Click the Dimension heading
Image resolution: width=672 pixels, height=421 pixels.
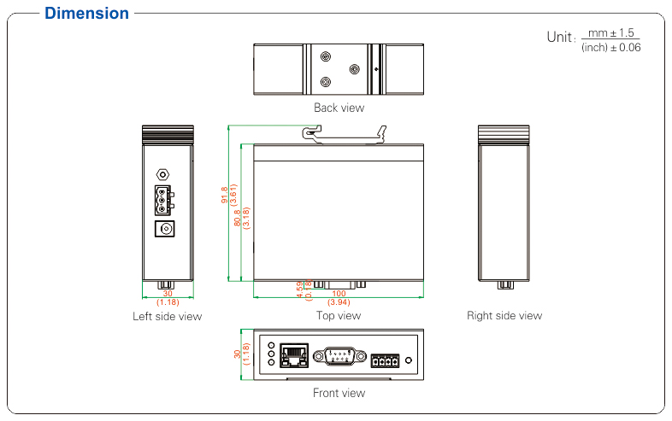click(86, 14)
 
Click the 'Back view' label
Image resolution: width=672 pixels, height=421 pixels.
click(339, 108)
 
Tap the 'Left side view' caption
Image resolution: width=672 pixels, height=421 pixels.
click(168, 316)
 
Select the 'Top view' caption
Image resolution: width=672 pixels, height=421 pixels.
click(339, 316)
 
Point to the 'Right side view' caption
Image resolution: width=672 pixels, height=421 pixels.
click(504, 316)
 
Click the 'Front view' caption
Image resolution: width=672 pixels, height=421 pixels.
click(339, 394)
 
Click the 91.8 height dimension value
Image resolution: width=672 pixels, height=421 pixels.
click(225, 196)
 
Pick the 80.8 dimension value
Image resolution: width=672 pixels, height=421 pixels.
click(238, 218)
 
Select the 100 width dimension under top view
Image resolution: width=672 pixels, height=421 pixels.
click(339, 294)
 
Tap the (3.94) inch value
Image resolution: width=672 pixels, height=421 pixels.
click(339, 302)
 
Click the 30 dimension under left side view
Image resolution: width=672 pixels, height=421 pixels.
click(168, 294)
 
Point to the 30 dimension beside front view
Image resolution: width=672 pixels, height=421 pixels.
click(238, 354)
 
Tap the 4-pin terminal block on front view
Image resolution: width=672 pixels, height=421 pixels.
click(385, 360)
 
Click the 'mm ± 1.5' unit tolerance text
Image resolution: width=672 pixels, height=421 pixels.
click(611, 33)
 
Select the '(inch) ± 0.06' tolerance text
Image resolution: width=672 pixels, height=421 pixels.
click(610, 48)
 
